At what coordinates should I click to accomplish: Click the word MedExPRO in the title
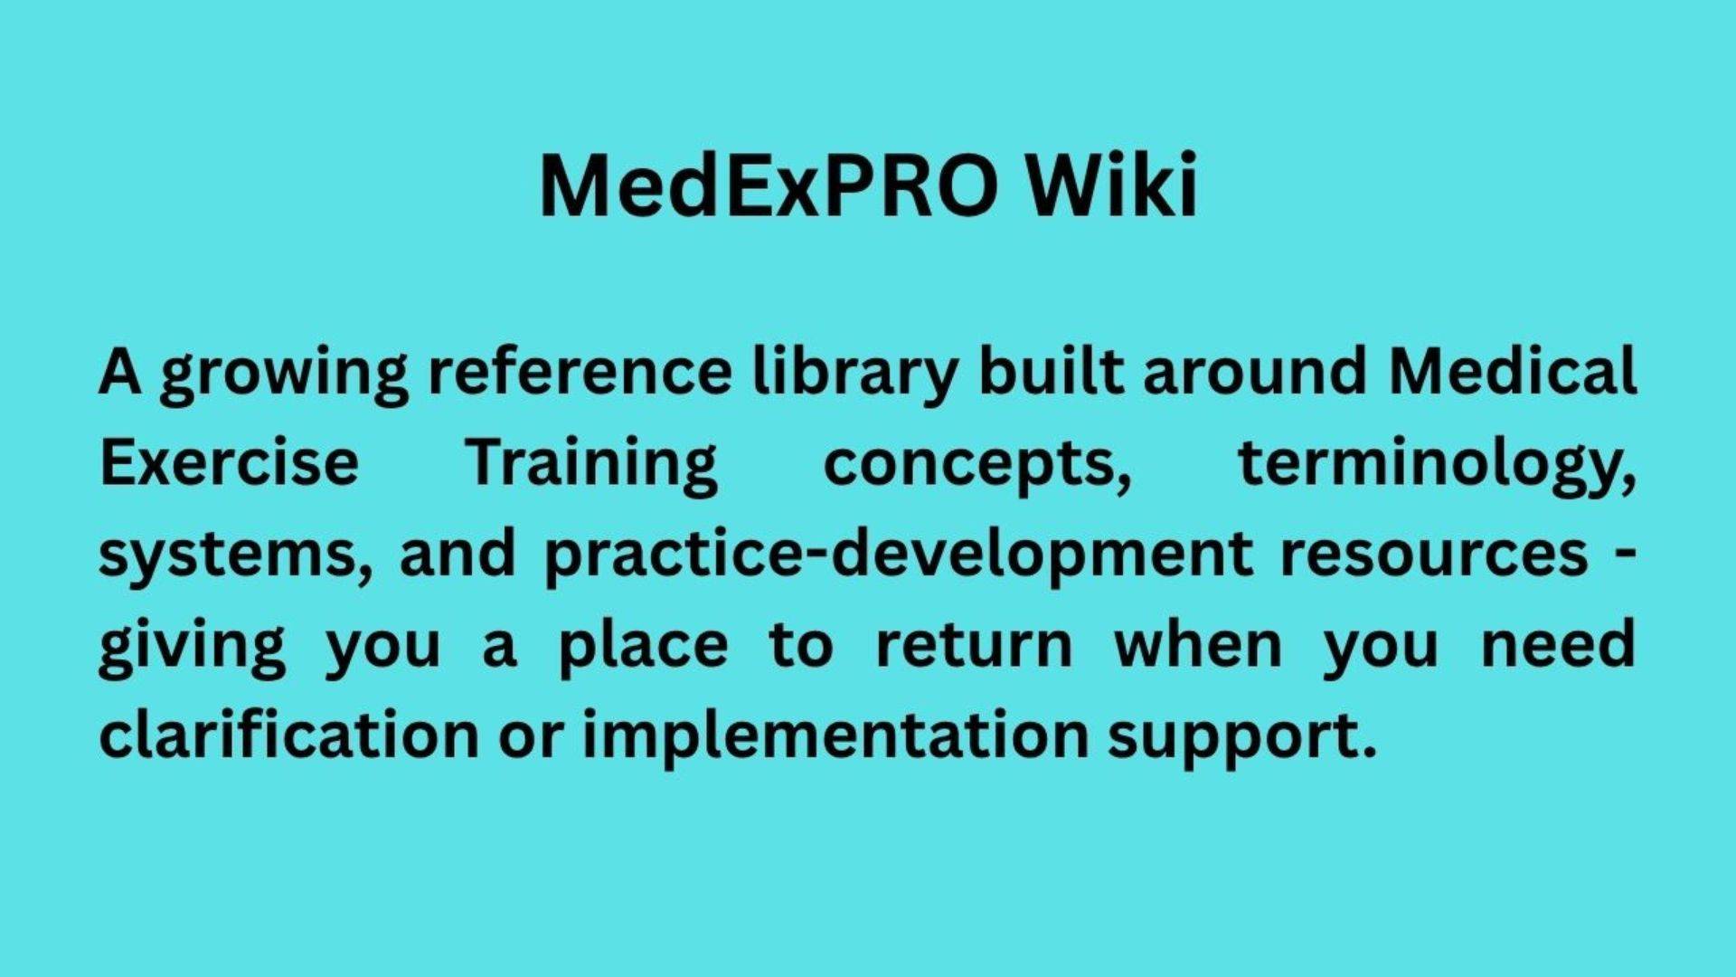coord(769,185)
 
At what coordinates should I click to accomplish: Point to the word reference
coord(580,372)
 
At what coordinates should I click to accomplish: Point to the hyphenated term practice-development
coord(899,555)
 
